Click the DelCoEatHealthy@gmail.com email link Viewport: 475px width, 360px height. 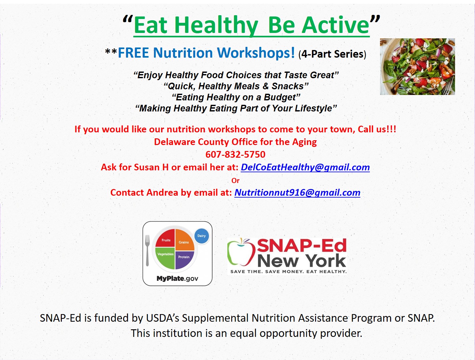pos(305,167)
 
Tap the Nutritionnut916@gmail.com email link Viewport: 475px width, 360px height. pos(297,193)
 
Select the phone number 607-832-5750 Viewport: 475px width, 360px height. pos(236,155)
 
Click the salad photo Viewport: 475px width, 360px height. pos(417,66)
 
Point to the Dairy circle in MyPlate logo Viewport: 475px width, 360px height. pos(201,236)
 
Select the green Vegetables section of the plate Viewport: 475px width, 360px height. pos(165,258)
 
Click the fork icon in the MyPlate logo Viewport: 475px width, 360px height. pos(147,250)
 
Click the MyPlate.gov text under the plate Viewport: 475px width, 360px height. pos(177,278)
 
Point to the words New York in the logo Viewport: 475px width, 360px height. pos(302,261)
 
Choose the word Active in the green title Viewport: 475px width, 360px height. pos(336,25)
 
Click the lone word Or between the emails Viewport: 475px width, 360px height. pos(236,181)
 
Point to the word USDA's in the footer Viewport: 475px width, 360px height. pos(162,318)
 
